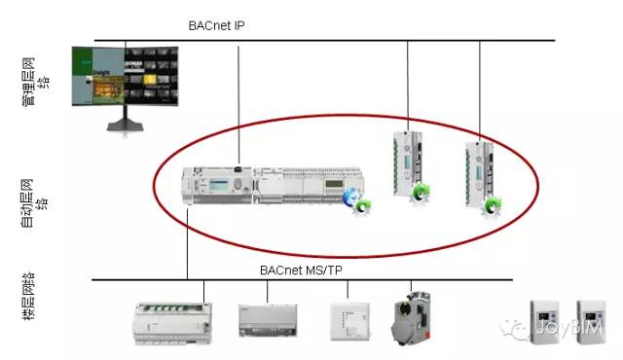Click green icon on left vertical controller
(420, 191)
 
